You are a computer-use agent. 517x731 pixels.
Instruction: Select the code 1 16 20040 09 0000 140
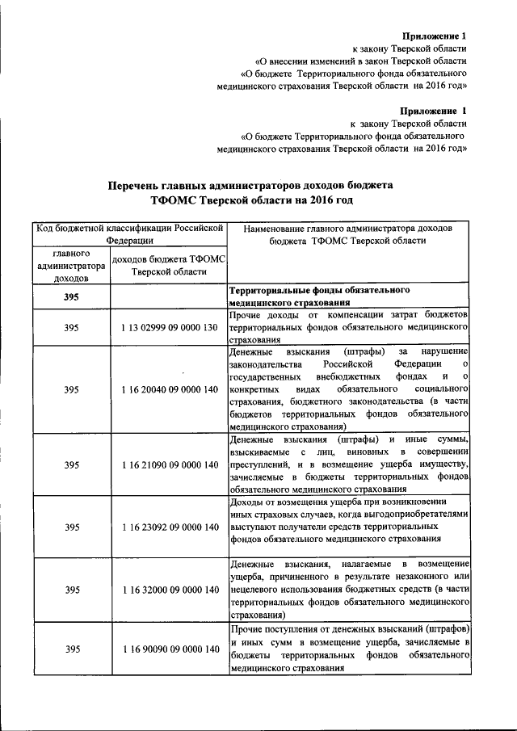170,389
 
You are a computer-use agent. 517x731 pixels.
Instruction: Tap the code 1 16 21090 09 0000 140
170,464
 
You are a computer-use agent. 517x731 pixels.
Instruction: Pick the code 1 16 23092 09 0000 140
170,527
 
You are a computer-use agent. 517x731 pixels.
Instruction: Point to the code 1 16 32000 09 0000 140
170,590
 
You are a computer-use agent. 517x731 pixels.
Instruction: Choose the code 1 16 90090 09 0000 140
170,649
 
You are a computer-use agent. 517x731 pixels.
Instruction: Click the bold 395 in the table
72,297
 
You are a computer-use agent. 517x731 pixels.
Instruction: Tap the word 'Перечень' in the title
142,184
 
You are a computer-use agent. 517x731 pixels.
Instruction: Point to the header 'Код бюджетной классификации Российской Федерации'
129,233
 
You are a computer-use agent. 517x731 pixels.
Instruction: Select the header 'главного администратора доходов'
71,265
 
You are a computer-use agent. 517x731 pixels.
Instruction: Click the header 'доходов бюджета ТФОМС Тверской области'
170,265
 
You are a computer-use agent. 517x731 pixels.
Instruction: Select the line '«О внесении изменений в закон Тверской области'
360,61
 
